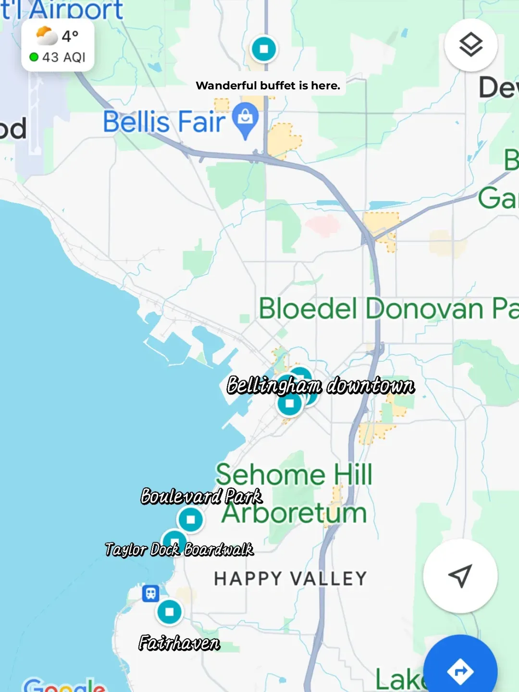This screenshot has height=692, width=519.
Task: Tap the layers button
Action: [470, 45]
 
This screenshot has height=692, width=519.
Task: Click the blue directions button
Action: [460, 671]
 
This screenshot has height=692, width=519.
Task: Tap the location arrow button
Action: [460, 575]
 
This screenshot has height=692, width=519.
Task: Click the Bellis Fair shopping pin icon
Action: [246, 119]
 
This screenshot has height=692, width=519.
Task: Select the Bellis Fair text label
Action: [164, 122]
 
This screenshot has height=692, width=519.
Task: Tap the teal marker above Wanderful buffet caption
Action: [264, 49]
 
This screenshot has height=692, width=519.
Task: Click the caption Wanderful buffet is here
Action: [268, 86]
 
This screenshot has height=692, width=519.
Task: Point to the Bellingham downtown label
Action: [321, 385]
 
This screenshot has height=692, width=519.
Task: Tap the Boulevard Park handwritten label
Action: [201, 496]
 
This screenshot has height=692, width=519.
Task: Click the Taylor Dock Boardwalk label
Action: [179, 549]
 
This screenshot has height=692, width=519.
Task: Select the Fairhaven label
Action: [179, 643]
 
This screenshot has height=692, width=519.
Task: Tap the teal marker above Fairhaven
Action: [169, 612]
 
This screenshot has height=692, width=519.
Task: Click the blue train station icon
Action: [150, 593]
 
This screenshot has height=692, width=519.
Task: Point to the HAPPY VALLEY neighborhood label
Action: [290, 579]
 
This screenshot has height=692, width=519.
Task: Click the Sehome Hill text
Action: [294, 475]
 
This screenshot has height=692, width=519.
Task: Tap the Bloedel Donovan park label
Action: [388, 309]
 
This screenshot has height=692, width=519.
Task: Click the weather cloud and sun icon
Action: [46, 36]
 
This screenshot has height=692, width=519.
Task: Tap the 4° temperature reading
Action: [70, 36]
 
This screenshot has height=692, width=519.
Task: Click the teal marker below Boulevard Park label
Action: [191, 519]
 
